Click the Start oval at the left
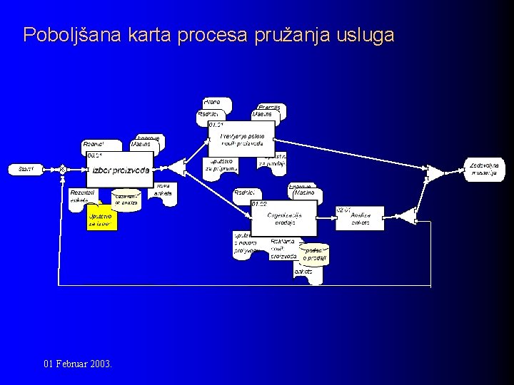click(x=26, y=169)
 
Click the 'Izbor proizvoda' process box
click(x=119, y=170)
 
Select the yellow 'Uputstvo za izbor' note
click(x=101, y=219)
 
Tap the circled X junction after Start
click(x=63, y=169)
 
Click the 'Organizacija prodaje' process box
click(x=283, y=217)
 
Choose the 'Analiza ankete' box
click(x=360, y=218)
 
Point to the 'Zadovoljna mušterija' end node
click(x=484, y=169)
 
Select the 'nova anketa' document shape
click(x=163, y=193)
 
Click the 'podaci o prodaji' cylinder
click(x=313, y=254)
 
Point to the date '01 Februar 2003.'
click(x=76, y=364)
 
